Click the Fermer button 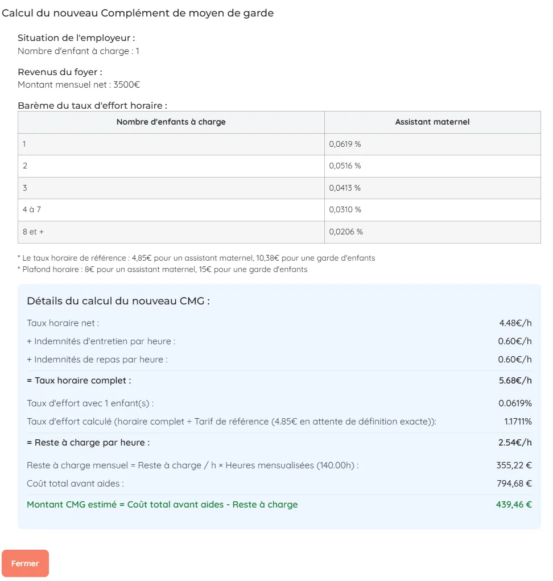(x=25, y=563)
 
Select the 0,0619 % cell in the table (x=345, y=145)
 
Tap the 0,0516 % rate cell (x=345, y=166)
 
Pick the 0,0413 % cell (x=345, y=188)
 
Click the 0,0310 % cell (x=345, y=210)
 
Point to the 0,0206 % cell (x=346, y=232)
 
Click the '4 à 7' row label (x=32, y=210)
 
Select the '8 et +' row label (x=33, y=232)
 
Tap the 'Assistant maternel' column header (x=432, y=122)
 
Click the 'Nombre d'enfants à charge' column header (x=171, y=122)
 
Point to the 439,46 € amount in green (x=514, y=505)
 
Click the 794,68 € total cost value (x=514, y=484)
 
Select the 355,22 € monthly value (x=514, y=465)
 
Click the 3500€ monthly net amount (x=127, y=85)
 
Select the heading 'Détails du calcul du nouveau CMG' (x=118, y=301)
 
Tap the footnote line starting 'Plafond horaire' (x=165, y=270)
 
